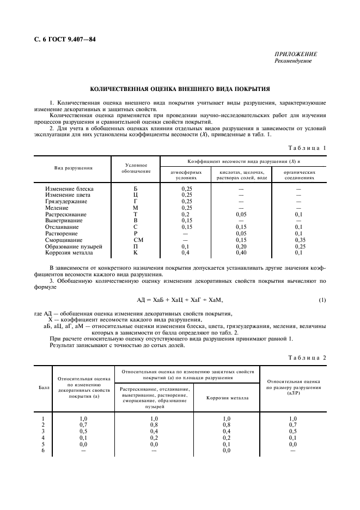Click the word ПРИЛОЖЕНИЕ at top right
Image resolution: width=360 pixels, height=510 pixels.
point(297,55)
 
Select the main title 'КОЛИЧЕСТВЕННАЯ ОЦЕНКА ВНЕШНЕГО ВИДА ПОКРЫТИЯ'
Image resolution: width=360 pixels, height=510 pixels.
point(180,88)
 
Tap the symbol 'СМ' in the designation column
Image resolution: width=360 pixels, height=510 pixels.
point(136,239)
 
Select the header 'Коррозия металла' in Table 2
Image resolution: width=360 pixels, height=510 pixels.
point(225,397)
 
